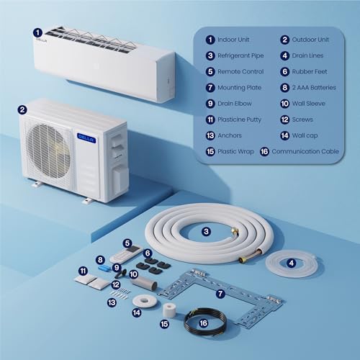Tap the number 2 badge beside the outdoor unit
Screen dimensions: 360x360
tap(23, 110)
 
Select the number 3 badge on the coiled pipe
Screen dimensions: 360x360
tap(206, 231)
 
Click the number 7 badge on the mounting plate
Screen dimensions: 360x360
tap(220, 294)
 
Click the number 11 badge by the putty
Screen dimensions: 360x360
tap(83, 270)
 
